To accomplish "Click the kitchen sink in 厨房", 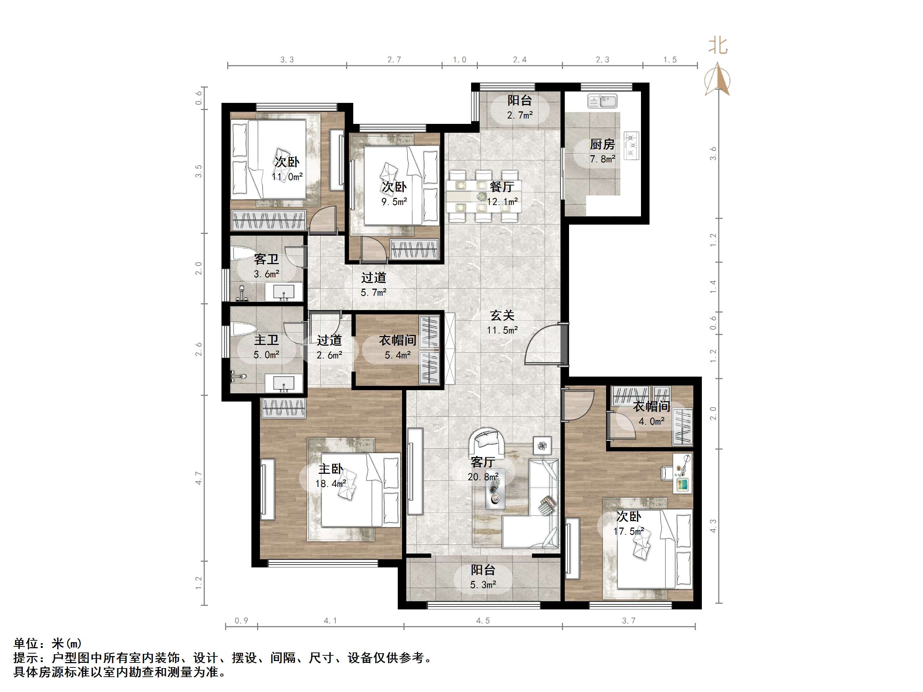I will click(x=602, y=101).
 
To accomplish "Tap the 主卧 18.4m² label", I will click(x=331, y=476).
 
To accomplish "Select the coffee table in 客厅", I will click(x=495, y=489).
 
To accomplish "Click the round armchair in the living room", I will click(x=486, y=442).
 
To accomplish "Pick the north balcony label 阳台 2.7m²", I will click(x=520, y=108).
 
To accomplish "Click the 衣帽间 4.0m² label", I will click(x=651, y=413).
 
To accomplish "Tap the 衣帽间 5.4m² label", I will click(x=398, y=347).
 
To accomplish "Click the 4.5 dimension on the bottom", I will click(x=483, y=621).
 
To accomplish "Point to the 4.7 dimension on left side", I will click(x=199, y=478).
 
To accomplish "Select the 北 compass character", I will click(x=718, y=46).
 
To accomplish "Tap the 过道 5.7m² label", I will click(x=374, y=285).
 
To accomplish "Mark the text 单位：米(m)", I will click(x=48, y=644).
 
